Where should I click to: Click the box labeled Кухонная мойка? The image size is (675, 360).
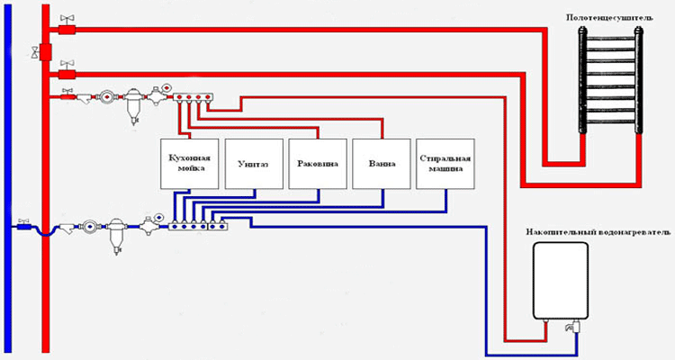tap(189, 163)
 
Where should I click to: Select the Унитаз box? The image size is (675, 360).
tap(253, 163)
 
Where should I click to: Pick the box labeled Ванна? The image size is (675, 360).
tap(381, 163)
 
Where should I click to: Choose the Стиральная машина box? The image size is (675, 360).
tap(445, 163)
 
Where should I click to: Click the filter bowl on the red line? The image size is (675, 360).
tap(136, 105)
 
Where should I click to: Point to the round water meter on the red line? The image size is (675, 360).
tap(108, 94)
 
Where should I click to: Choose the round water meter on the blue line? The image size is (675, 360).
tap(88, 227)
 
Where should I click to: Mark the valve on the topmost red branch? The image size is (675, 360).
tap(65, 19)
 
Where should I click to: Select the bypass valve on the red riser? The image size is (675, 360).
tap(37, 49)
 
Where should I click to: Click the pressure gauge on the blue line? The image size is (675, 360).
tap(157, 217)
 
